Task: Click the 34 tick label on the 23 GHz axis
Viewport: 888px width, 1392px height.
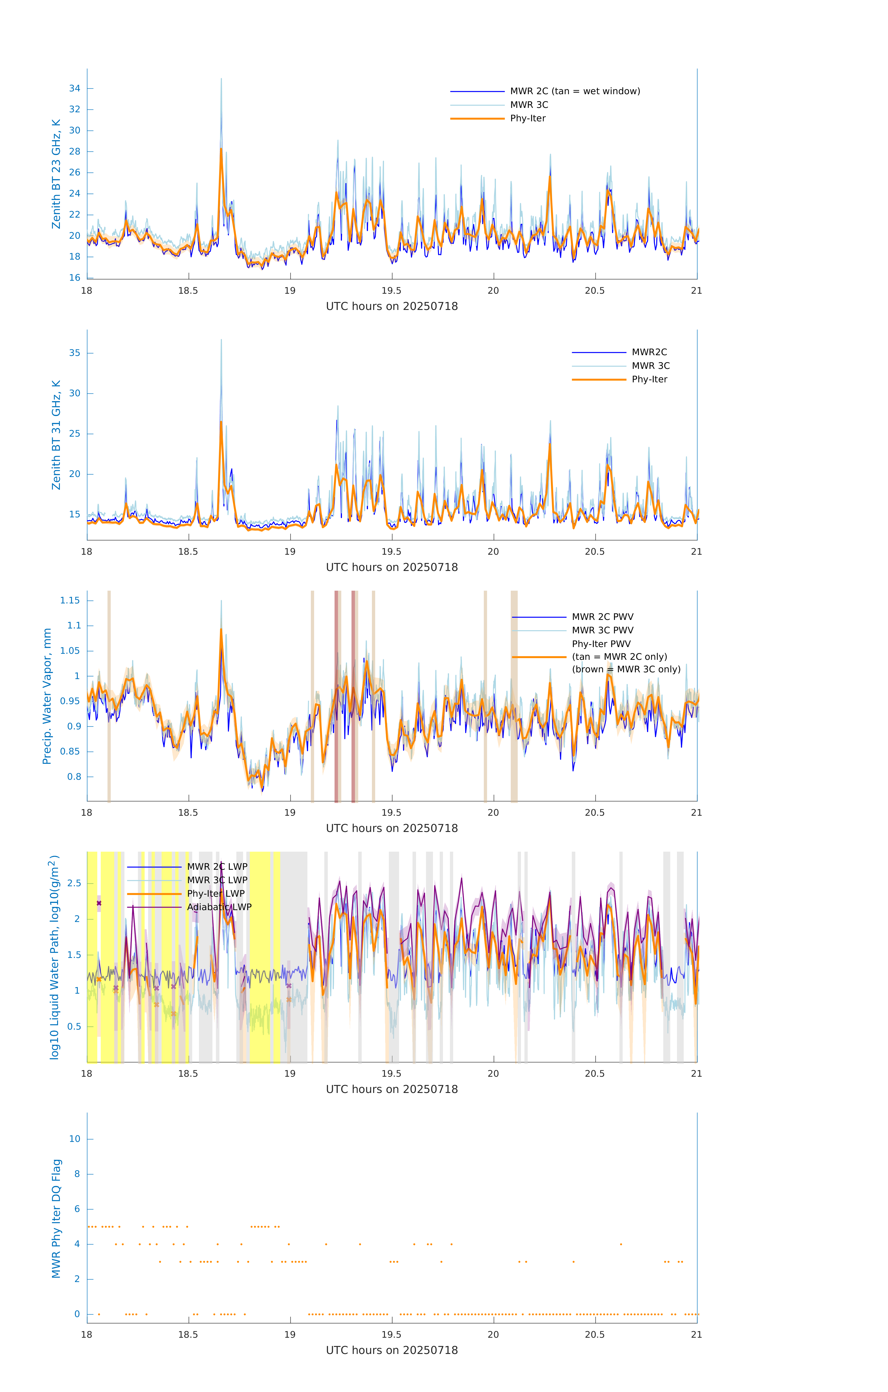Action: point(75,88)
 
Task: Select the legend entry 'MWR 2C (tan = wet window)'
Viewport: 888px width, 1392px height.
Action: point(574,91)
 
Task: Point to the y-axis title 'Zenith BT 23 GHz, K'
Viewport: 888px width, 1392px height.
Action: point(56,174)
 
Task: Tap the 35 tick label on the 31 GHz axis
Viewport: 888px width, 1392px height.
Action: point(75,353)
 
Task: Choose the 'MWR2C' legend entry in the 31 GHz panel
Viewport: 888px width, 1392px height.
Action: point(649,352)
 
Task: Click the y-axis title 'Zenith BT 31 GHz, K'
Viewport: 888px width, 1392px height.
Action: point(56,435)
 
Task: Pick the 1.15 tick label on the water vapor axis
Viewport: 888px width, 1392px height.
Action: point(70,601)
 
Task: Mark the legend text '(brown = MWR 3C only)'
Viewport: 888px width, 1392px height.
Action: point(626,669)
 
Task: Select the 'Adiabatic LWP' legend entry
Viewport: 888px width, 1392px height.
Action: point(219,907)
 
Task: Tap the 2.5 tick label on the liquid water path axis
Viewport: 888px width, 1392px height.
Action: point(75,883)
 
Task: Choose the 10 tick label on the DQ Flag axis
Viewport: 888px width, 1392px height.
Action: point(75,1139)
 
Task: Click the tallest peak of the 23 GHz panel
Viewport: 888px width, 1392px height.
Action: point(221,79)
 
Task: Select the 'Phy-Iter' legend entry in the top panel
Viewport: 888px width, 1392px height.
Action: point(528,119)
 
